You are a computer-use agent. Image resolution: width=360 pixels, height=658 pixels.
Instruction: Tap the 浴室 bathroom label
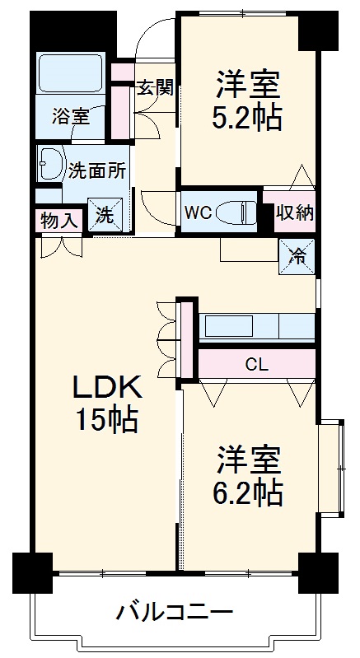coord(71,116)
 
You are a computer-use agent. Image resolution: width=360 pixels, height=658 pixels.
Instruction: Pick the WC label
coord(199,212)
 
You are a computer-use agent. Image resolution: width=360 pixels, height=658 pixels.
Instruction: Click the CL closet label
coord(256,363)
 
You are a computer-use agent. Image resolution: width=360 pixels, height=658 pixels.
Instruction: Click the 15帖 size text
coord(106,420)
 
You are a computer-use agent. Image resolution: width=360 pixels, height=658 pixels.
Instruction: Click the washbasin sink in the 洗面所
coord(52,164)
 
